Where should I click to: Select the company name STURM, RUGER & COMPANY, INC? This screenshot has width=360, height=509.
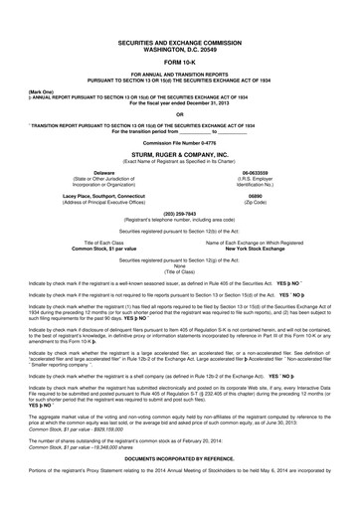point(180,155)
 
